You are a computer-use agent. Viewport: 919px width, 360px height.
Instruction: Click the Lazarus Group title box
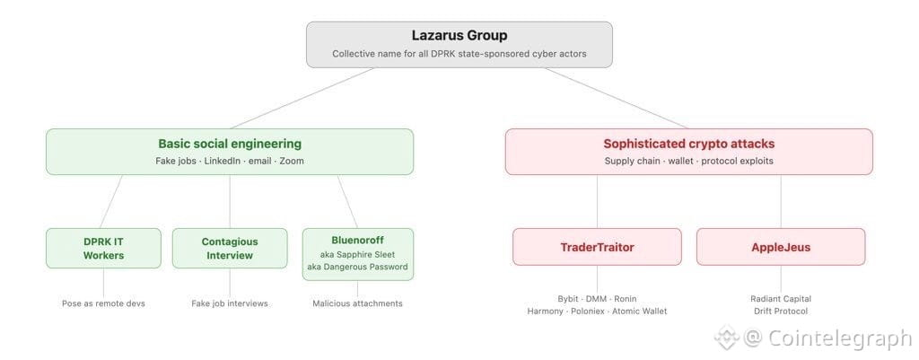459,44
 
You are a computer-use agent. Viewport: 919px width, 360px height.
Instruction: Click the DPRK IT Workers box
103,248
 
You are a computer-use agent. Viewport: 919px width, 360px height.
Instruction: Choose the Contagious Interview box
230,248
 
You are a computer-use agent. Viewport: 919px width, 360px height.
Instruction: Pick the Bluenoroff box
357,240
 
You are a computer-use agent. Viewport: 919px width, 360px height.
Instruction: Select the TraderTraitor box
597,246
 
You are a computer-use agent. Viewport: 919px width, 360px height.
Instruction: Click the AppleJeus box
780,246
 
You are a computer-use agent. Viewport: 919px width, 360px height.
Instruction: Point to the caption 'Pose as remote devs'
103,303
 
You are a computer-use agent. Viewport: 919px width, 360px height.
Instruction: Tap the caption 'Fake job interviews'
230,303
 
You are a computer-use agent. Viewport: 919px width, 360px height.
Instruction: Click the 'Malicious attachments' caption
357,303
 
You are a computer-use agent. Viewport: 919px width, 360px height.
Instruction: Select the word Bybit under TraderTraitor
569,299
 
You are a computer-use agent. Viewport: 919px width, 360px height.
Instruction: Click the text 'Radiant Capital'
780,299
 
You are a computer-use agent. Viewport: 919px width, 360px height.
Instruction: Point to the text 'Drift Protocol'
780,312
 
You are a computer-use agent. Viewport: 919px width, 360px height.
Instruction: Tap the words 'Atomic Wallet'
639,312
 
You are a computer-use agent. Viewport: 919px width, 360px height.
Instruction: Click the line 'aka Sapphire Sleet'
357,254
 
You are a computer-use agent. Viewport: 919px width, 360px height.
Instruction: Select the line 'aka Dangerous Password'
357,267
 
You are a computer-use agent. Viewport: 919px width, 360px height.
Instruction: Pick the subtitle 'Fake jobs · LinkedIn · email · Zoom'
230,161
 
